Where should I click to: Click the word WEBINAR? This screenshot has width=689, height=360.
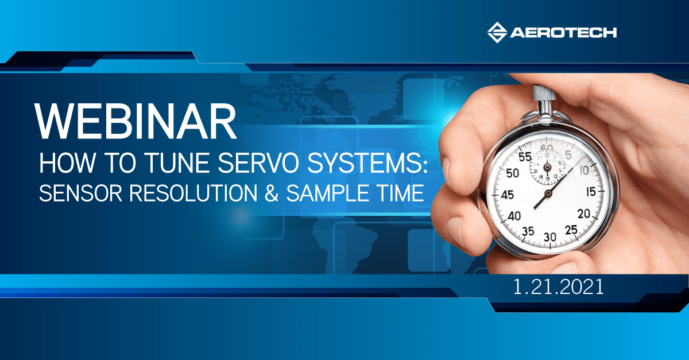[136, 121]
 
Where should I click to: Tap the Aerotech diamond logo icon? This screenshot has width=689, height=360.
[497, 32]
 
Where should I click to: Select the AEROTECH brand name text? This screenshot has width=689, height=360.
[563, 33]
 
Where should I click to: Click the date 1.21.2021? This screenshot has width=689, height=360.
[558, 287]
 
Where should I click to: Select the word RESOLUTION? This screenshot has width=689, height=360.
[193, 193]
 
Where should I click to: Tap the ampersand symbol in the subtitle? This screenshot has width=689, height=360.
[271, 193]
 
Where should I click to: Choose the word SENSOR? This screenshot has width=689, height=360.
[80, 193]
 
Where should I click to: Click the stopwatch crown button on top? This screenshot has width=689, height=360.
[544, 96]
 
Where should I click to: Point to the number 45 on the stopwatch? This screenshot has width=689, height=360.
[507, 195]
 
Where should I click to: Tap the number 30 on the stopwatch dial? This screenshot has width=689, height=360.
[549, 237]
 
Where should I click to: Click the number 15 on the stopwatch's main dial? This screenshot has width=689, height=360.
[591, 192]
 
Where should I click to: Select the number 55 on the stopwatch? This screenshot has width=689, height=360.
[525, 157]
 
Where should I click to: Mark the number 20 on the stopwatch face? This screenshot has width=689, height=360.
[583, 214]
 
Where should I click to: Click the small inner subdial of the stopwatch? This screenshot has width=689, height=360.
[547, 168]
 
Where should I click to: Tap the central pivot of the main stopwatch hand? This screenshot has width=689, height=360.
[548, 193]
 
